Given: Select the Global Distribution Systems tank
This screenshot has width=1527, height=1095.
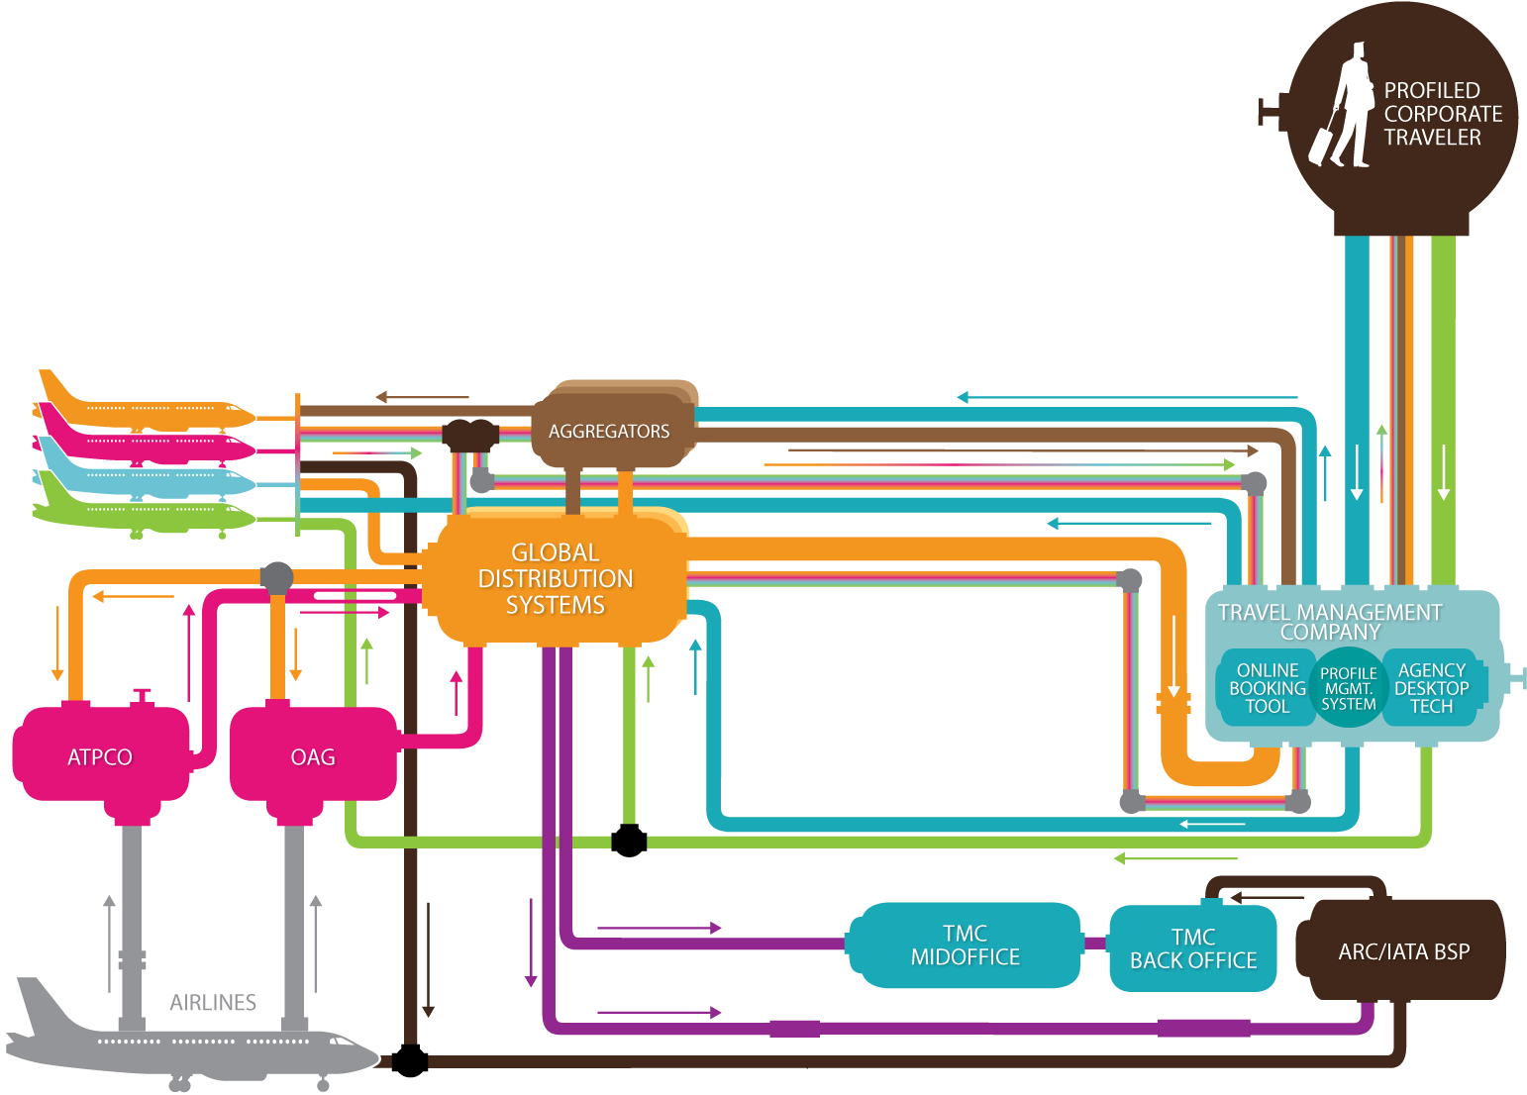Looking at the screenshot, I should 556,578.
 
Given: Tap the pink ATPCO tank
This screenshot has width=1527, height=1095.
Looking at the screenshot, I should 100,756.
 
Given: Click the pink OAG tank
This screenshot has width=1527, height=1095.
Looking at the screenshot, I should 313,756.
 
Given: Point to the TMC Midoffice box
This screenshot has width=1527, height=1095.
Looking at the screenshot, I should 965,946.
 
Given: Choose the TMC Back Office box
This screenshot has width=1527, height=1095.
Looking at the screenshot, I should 1192,948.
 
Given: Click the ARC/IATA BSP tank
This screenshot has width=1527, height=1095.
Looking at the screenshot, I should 1403,951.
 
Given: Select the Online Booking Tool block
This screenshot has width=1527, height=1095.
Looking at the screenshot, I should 1267,688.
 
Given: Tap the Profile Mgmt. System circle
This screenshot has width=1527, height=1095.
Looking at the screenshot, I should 1348,688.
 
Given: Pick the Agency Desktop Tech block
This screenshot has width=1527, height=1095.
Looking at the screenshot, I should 1432,688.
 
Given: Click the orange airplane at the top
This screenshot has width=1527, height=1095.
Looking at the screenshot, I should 149,408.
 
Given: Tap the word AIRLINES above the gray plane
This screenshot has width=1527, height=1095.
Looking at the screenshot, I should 213,1003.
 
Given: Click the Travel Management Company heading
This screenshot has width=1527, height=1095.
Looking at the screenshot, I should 1330,622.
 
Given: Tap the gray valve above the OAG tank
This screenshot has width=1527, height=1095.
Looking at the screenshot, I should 276,576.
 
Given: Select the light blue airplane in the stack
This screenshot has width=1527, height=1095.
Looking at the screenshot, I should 149,482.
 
